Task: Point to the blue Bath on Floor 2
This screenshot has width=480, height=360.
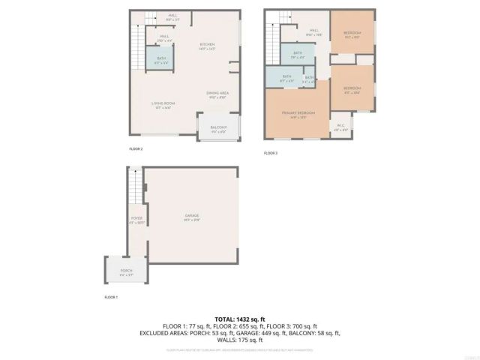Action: click(x=161, y=59)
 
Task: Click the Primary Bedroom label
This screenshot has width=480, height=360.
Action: click(x=298, y=113)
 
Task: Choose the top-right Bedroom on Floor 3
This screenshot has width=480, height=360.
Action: click(x=352, y=33)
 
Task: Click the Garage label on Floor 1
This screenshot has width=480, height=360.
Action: click(x=192, y=216)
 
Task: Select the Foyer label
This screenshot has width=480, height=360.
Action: click(x=136, y=220)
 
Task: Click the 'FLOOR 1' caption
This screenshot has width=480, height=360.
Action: click(x=111, y=298)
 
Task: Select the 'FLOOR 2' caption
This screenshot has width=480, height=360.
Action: click(x=136, y=148)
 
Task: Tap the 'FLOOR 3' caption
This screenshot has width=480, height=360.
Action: click(x=271, y=153)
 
